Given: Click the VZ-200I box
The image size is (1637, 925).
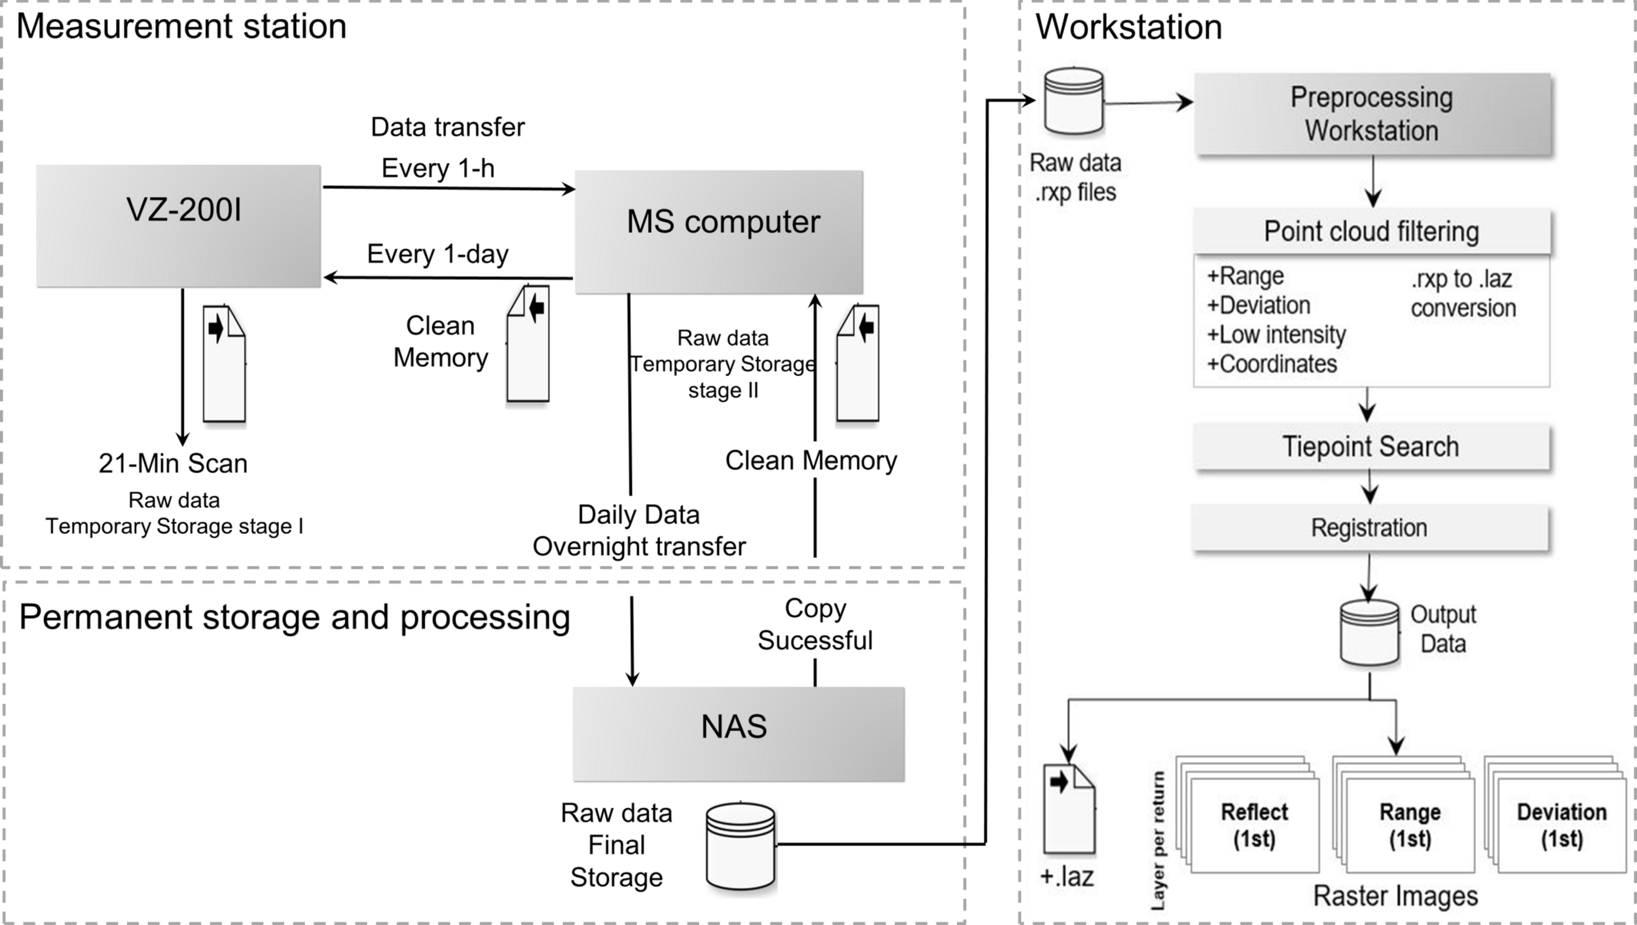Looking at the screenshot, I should point(178,225).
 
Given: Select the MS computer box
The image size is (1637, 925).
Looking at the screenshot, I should point(718,232).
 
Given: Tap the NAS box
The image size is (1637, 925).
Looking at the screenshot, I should point(738,734).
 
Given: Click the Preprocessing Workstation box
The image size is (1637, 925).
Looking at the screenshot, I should point(1372,114).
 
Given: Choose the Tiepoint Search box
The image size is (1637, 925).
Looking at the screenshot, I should point(1371,447).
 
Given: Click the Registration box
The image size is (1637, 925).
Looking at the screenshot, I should point(1370,528).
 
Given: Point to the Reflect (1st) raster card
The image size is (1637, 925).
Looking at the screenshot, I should point(1254,825).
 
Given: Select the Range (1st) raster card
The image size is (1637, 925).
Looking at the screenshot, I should point(1410,825).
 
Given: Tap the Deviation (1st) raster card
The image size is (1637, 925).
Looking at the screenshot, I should point(1562,825).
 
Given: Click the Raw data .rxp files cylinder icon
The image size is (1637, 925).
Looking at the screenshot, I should point(1074,102).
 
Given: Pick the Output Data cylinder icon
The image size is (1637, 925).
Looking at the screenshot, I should point(1369,632).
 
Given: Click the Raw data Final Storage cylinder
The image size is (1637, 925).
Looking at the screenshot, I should point(741,846).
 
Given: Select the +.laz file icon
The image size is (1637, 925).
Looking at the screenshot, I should point(1069,808).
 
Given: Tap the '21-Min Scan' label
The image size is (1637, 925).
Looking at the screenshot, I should point(173,464).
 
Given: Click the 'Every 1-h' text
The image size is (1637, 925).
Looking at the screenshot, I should point(437,168).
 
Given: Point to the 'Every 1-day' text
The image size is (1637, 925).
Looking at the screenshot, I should point(437,254).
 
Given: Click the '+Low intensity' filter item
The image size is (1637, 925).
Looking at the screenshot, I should point(1276,335).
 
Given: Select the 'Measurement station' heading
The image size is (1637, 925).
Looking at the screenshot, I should point(181,27).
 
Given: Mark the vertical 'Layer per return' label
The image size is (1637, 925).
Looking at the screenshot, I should point(1158,840).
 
